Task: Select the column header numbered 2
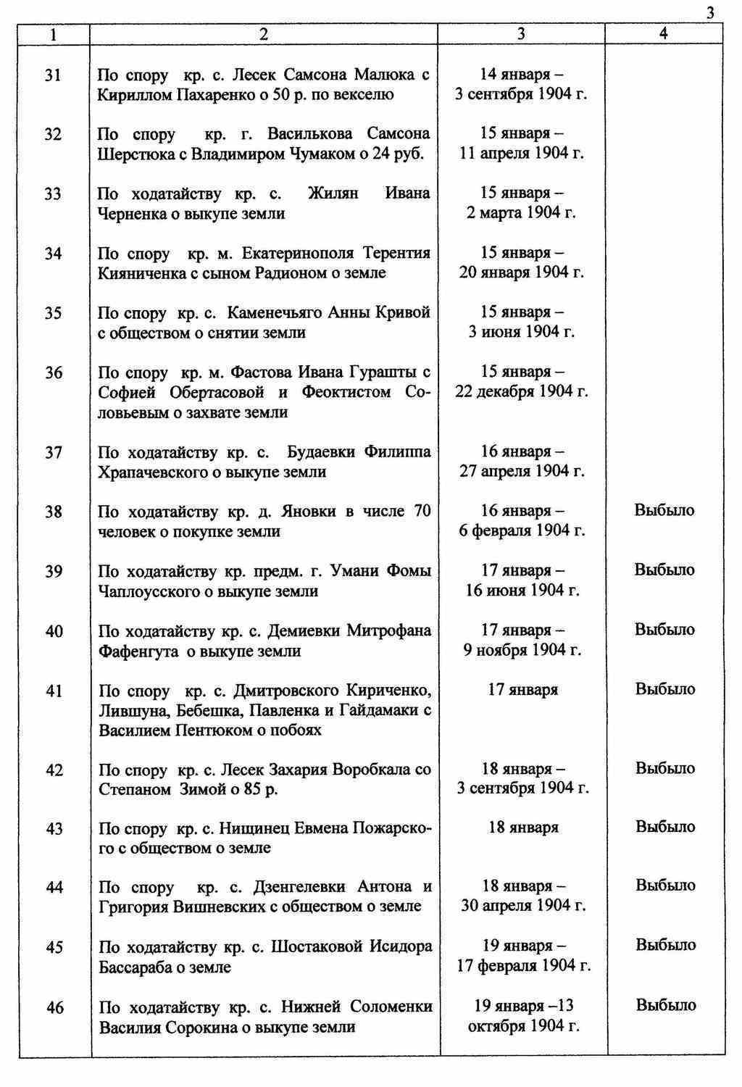[264, 33]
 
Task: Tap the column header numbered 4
[664, 33]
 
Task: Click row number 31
[54, 75]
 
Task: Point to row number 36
[54, 372]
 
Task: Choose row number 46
[54, 1007]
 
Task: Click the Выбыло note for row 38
[664, 510]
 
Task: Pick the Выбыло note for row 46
[666, 1005]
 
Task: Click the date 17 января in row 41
[522, 689]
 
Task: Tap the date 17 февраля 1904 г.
[523, 965]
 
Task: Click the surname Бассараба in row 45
[135, 967]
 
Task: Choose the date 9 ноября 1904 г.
[522, 650]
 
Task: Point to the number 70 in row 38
[422, 511]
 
